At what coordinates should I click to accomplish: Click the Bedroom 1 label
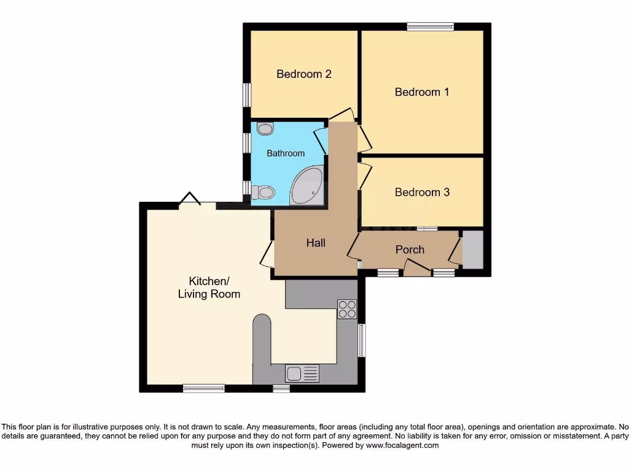click(421, 92)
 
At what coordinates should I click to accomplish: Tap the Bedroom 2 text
click(304, 74)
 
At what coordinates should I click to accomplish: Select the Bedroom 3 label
click(422, 193)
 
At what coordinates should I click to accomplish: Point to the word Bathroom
click(286, 153)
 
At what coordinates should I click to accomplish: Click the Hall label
click(316, 243)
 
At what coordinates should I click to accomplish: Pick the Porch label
click(410, 250)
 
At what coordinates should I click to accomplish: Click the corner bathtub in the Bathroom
click(307, 187)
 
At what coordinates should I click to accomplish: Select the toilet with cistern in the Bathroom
click(262, 193)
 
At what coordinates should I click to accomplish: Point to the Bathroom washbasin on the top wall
click(265, 129)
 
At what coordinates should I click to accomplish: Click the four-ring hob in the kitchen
click(347, 309)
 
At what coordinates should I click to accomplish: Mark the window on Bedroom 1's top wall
click(430, 26)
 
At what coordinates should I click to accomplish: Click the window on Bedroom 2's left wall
click(247, 95)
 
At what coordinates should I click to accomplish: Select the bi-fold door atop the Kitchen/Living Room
click(190, 199)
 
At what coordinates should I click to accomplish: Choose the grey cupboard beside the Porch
click(472, 249)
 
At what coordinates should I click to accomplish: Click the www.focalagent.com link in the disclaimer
click(402, 446)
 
